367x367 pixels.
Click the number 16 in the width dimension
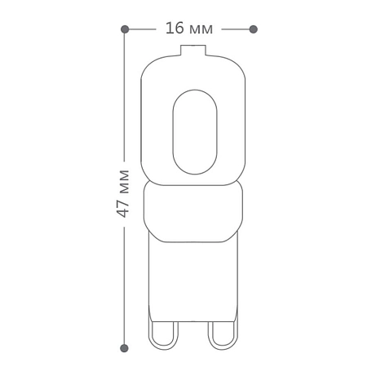[175, 28]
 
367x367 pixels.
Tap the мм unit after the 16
[201, 29]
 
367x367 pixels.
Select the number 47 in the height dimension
[122, 209]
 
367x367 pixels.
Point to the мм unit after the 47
[124, 182]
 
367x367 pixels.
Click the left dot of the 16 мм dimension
[125, 29]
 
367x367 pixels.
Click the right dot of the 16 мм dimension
[254, 29]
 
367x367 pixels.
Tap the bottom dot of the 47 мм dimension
[124, 348]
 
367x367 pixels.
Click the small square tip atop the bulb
[193, 51]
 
